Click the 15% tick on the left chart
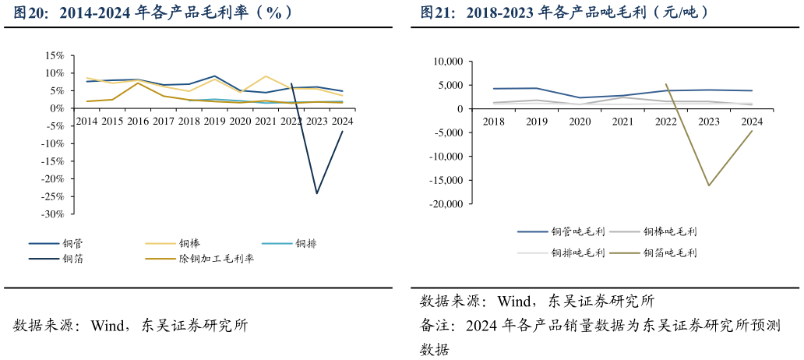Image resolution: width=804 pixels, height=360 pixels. [x=54, y=55]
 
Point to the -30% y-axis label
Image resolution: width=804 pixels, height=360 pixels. [x=52, y=214]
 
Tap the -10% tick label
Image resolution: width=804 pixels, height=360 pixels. [x=52, y=143]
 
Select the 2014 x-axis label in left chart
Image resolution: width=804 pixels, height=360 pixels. [x=86, y=122]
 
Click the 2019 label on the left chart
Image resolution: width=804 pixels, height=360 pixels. [x=214, y=122]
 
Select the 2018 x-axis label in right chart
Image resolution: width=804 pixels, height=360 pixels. [x=493, y=122]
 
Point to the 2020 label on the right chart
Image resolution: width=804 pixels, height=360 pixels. [x=580, y=122]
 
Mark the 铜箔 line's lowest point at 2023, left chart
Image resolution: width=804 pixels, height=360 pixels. [x=316, y=193]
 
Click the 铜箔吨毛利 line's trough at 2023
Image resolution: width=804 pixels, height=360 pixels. [x=708, y=185]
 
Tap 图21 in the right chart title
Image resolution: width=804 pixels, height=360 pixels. [x=436, y=13]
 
